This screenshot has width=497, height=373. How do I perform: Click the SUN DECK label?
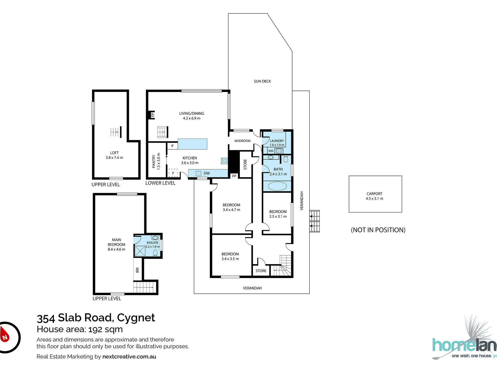tap(262, 81)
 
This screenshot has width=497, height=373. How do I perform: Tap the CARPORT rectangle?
tap(375, 194)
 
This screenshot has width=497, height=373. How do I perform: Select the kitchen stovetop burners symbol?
tap(224, 161)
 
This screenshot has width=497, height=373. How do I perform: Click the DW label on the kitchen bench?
tap(207, 173)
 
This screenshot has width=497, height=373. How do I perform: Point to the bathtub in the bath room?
tap(277, 186)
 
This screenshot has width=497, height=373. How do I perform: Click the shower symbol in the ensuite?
tap(140, 251)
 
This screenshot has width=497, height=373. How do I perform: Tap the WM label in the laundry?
tap(271, 151)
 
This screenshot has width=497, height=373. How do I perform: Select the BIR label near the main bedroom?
tap(137, 270)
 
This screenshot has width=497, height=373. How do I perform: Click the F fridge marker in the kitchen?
tap(173, 173)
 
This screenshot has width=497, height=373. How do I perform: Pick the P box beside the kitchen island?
tap(172, 146)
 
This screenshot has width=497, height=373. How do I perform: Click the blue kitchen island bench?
tap(192, 144)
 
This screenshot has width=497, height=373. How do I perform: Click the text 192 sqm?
tap(105, 329)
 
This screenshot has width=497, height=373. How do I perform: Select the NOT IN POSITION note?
tap(378, 230)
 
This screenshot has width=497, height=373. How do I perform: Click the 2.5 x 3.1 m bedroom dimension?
tap(278, 216)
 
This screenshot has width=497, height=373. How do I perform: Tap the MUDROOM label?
tap(242, 141)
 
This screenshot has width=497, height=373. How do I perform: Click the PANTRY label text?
tap(154, 161)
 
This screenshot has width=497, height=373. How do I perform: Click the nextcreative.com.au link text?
tap(129, 357)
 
